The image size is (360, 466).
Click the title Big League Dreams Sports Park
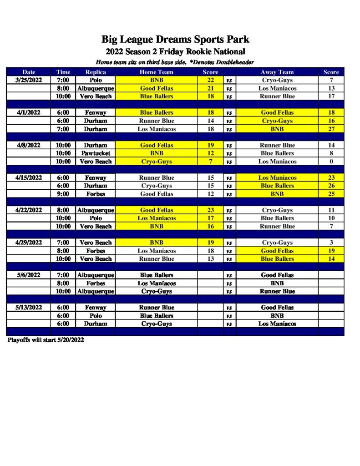(175, 40)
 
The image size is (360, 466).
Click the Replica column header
(96, 72)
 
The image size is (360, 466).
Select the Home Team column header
(157, 72)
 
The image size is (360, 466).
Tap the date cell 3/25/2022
(29, 80)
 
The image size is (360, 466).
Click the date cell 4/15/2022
(29, 178)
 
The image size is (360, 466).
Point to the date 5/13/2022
(29, 308)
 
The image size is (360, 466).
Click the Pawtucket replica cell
(96, 153)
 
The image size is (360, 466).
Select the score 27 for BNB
(331, 129)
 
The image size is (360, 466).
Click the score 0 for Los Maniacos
(331, 162)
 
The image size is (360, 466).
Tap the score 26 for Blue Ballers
(331, 186)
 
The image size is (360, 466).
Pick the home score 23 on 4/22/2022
(210, 210)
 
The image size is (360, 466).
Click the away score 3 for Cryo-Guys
(331, 243)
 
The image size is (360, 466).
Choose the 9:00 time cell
(63, 194)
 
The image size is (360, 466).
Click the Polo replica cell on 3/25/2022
(96, 80)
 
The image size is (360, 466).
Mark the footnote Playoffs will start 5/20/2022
(46, 340)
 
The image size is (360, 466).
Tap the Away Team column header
(277, 72)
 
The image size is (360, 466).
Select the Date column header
(29, 72)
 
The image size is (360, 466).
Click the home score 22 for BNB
(210, 80)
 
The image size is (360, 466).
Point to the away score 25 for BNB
(331, 194)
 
